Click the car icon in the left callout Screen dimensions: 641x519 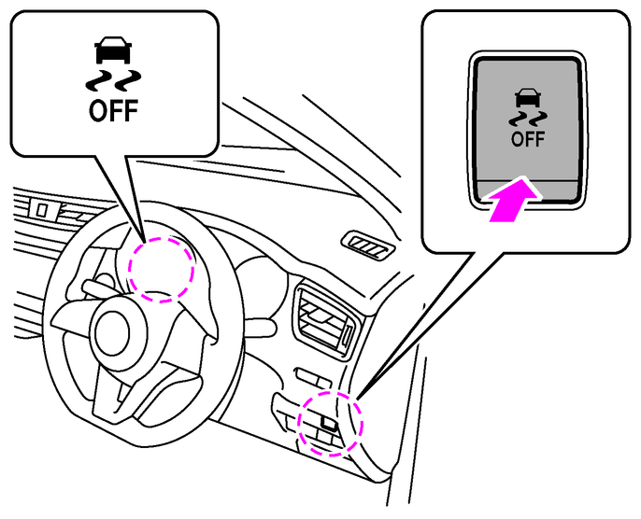(x=113, y=50)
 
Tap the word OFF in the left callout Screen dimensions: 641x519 (x=113, y=111)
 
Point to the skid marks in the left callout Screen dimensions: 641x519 (x=113, y=80)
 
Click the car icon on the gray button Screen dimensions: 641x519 (x=528, y=97)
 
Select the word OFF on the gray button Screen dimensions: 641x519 (x=528, y=139)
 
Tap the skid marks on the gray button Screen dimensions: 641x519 (x=528, y=119)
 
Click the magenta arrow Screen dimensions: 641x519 (x=514, y=199)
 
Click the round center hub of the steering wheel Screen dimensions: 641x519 (x=112, y=332)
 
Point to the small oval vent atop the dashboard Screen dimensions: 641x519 (x=368, y=245)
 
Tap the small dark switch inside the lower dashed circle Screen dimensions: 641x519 (x=330, y=424)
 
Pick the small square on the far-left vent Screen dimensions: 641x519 (x=42, y=210)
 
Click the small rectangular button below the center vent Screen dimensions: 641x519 (x=314, y=378)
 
